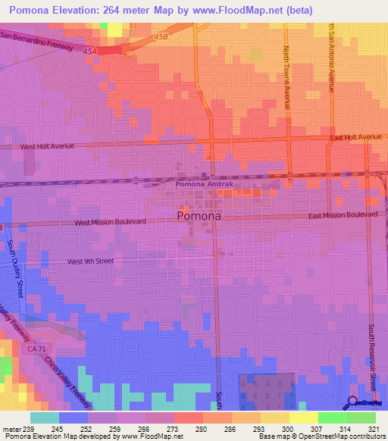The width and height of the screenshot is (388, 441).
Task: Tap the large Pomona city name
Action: [199, 216]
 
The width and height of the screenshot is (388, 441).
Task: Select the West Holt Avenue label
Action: [48, 146]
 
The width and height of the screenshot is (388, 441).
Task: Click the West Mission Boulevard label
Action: [110, 222]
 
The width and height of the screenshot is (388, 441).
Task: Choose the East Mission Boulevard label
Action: [343, 216]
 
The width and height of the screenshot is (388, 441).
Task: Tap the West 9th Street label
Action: [90, 261]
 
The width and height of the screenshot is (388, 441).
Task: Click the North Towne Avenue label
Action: [287, 76]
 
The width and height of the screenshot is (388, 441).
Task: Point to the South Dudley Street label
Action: [17, 269]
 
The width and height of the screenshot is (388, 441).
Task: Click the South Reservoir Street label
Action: [372, 356]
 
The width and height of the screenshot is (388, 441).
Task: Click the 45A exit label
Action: [91, 50]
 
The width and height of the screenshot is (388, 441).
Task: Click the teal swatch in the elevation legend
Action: [45, 418]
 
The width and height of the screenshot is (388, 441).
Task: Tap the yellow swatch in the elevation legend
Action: [304, 418]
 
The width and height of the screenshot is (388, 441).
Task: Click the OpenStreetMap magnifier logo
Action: [353, 403]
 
